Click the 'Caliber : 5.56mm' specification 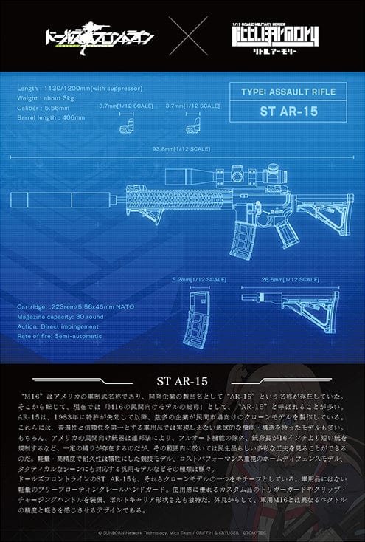click(x=43, y=106)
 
